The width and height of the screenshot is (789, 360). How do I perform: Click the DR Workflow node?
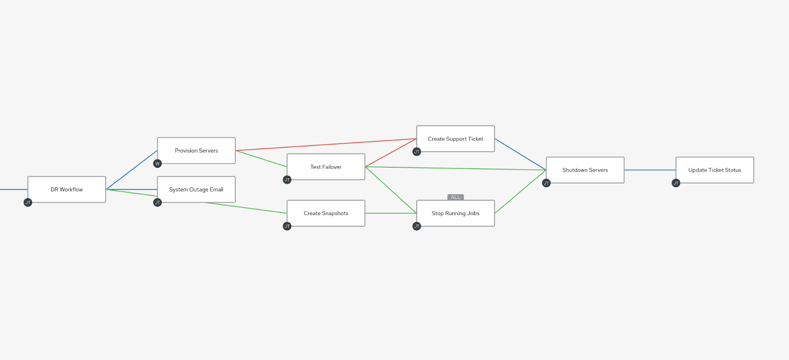click(67, 189)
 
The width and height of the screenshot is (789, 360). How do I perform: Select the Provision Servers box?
click(196, 150)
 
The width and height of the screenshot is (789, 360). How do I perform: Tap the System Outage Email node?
click(196, 189)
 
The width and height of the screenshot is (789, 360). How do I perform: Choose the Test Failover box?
click(326, 167)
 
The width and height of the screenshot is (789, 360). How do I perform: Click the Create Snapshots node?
click(326, 213)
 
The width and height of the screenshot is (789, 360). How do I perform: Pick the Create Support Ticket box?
click(456, 139)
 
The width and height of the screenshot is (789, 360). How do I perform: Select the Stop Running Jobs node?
click(456, 213)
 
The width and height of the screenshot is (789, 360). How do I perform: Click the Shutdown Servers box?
click(585, 170)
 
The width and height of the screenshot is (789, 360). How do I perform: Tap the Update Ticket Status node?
click(715, 170)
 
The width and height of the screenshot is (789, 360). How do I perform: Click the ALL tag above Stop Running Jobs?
click(456, 197)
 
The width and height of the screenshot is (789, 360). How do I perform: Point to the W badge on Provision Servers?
click(157, 164)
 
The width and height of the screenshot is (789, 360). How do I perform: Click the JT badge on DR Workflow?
click(28, 203)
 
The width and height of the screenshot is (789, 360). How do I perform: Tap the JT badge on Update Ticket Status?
click(676, 183)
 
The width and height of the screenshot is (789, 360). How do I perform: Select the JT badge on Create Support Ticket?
click(417, 152)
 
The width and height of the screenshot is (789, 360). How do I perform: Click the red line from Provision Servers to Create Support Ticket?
click(326, 145)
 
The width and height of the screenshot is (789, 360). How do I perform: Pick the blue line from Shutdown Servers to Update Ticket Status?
click(650, 170)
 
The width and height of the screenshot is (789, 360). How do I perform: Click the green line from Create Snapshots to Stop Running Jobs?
click(391, 213)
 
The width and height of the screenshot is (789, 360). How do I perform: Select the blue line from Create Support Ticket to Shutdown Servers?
click(520, 154)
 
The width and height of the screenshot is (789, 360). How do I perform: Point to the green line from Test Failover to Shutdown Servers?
click(456, 168)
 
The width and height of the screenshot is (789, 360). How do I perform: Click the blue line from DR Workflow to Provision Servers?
click(132, 170)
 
